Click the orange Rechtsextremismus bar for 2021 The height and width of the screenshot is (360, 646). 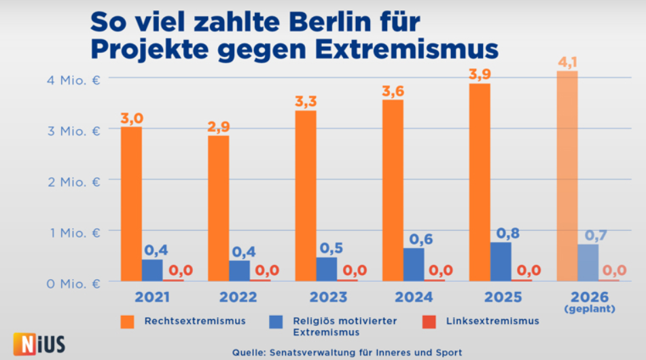131,204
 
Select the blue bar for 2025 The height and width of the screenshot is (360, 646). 501,262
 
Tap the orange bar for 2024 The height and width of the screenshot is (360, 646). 392,190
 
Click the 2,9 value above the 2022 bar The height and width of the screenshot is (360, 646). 218,126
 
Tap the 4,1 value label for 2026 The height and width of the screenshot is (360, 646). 567,62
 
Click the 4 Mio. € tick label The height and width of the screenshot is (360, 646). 74,80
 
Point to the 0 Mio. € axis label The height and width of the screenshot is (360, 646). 74,283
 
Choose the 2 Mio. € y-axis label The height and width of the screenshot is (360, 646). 74,181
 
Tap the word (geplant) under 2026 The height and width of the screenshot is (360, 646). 588,309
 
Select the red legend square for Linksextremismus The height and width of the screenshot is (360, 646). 428,321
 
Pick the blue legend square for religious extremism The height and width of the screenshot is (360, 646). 275,321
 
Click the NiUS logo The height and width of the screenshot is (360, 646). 39,343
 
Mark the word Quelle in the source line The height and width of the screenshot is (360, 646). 249,352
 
